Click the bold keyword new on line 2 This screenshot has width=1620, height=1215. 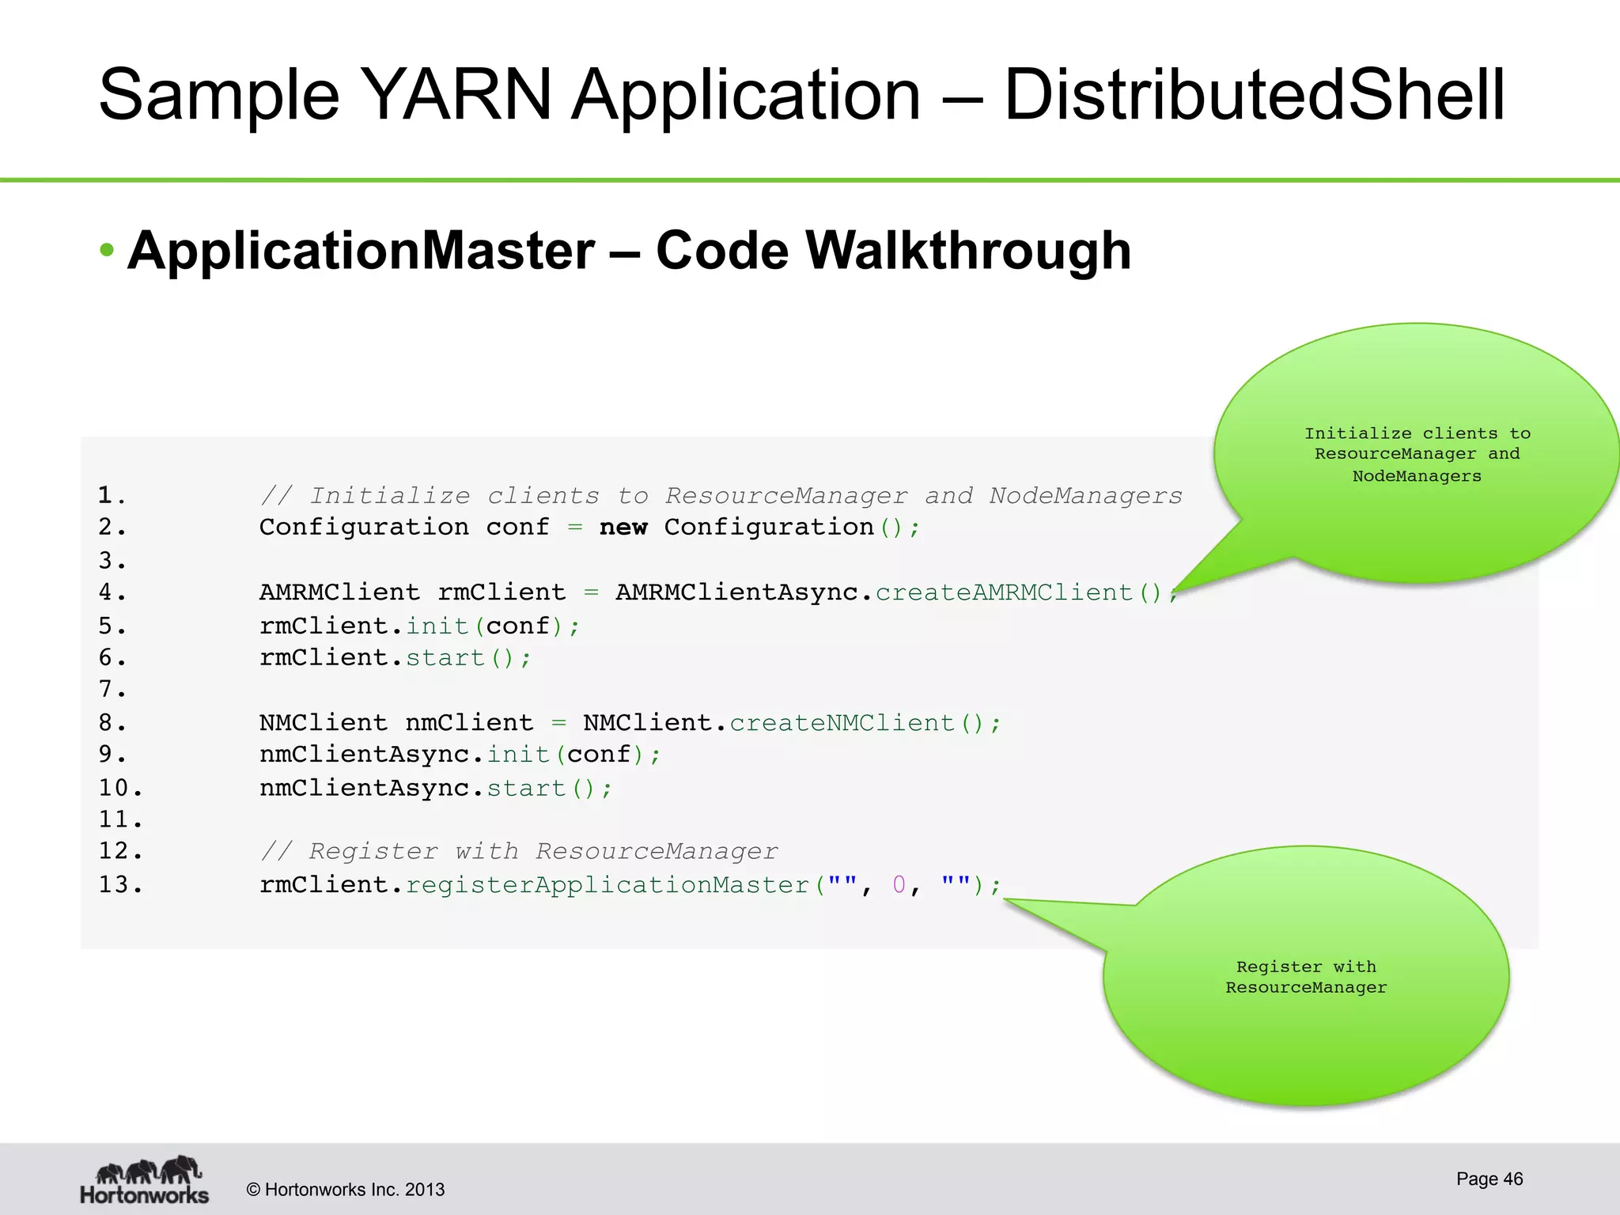click(623, 528)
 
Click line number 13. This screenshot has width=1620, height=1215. click(120, 884)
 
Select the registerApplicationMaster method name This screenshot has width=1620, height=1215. click(607, 884)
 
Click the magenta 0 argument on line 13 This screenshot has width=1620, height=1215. click(899, 884)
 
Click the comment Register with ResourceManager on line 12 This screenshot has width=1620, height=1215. click(519, 852)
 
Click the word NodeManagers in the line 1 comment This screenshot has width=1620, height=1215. click(1085, 496)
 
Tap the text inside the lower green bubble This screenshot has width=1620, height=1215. click(1306, 977)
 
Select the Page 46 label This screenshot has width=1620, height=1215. click(1489, 1179)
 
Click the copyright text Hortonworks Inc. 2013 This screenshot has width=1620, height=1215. click(346, 1190)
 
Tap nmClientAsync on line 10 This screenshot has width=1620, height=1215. click(365, 789)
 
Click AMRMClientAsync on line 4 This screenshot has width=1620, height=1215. click(736, 592)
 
